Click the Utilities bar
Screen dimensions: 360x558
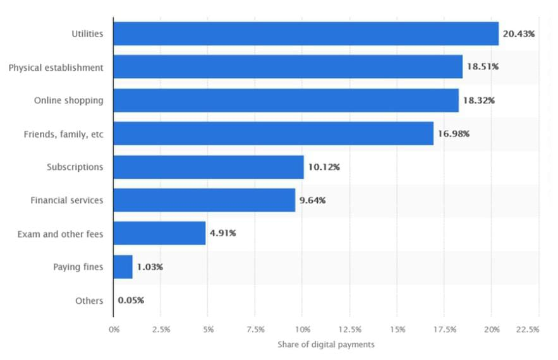click(x=306, y=33)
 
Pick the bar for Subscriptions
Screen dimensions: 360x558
click(x=209, y=167)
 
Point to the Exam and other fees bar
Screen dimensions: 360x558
click(x=159, y=234)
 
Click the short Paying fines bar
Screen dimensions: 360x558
click(x=123, y=267)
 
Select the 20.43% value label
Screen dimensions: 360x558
click(x=519, y=34)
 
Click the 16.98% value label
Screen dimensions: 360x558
click(x=454, y=134)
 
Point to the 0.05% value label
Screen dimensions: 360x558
click(x=131, y=301)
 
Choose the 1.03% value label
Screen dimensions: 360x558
click(x=150, y=267)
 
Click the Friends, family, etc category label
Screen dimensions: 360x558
click(x=63, y=134)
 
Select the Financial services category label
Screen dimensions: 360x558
click(x=67, y=201)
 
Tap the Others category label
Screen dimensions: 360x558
click(x=88, y=301)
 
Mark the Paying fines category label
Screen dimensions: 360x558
click(x=78, y=267)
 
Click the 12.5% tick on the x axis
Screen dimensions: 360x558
click(x=350, y=330)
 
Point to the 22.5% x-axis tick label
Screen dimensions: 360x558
click(x=528, y=330)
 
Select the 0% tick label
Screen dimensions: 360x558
click(x=114, y=330)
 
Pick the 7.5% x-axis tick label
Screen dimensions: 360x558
click(x=255, y=330)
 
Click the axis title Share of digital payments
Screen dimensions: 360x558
click(x=325, y=344)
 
